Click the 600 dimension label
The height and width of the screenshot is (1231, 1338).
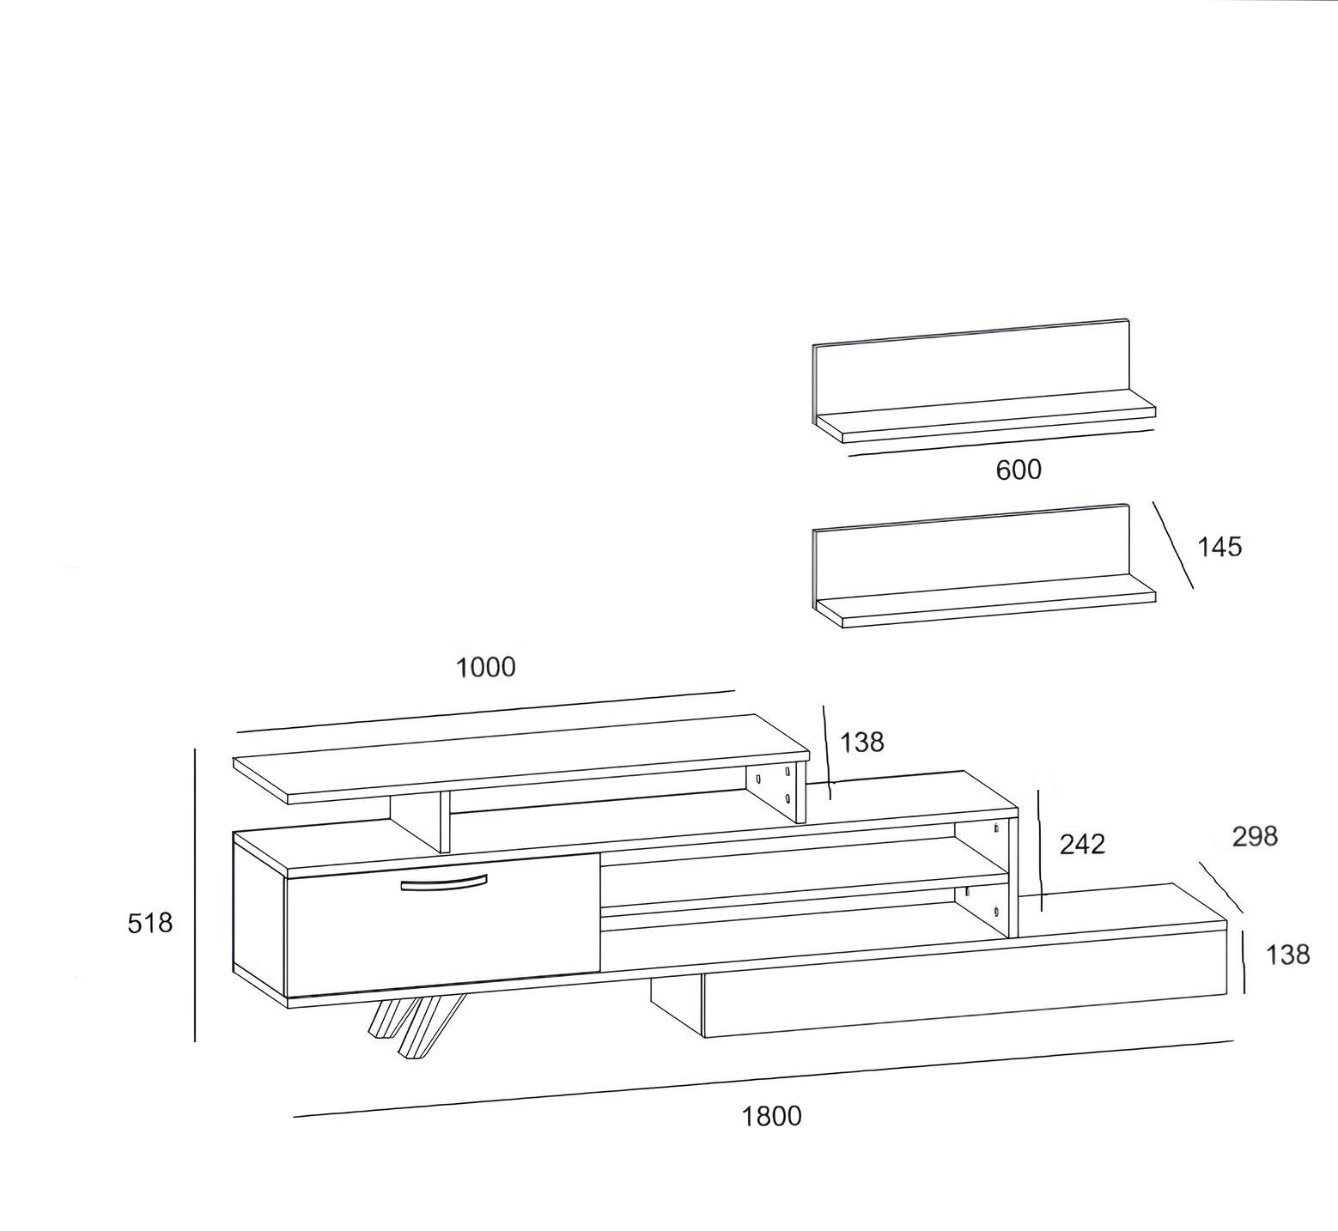click(x=1019, y=470)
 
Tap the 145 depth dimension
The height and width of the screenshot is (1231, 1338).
click(x=1219, y=547)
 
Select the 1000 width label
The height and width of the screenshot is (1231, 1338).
click(x=485, y=667)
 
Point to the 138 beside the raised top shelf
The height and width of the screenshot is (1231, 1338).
click(x=861, y=742)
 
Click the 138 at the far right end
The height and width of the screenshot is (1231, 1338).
click(x=1287, y=954)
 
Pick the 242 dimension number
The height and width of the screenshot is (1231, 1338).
click(x=1082, y=844)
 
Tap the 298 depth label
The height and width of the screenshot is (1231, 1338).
click(x=1255, y=836)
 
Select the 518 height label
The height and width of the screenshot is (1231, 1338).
click(x=150, y=923)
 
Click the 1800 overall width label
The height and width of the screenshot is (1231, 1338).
click(x=771, y=1116)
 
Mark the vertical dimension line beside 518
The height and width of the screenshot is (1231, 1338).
click(x=195, y=894)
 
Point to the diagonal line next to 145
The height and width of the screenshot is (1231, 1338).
click(x=1173, y=545)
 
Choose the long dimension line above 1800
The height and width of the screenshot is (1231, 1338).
click(x=763, y=1079)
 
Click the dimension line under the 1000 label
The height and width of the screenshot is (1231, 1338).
click(x=486, y=711)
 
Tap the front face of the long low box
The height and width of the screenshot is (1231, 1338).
click(x=965, y=983)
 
